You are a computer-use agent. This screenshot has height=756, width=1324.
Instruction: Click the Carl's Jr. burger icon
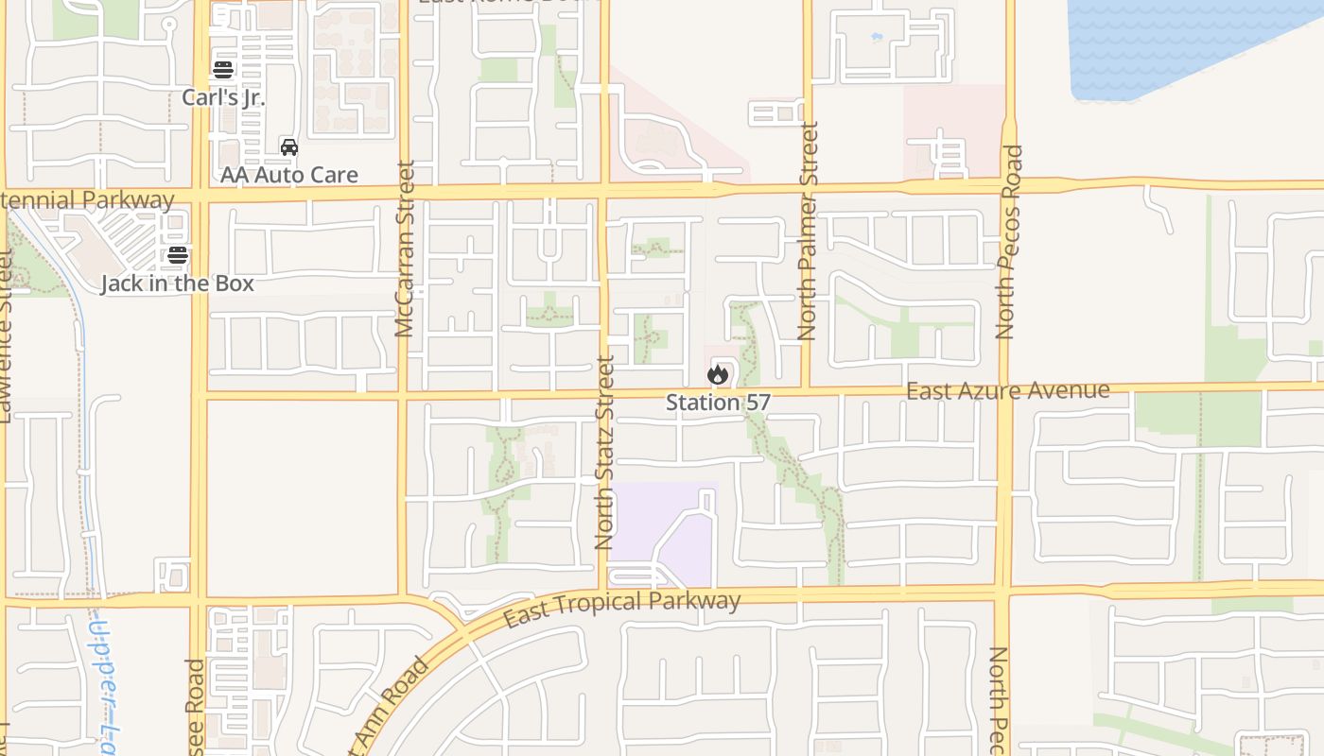223,70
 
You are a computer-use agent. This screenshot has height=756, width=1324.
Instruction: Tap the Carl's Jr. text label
223,97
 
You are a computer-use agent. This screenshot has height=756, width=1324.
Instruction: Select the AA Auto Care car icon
289,147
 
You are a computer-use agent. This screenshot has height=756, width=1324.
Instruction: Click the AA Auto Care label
289,175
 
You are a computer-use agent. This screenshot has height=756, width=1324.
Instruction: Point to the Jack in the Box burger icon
178,255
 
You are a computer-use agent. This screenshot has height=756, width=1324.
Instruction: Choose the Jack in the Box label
178,283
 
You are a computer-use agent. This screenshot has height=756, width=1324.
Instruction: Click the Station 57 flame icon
718,374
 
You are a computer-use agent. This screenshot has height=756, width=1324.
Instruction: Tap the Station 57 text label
718,403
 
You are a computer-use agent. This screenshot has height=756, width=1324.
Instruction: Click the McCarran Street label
405,249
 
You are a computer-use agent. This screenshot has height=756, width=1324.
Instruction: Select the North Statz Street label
605,452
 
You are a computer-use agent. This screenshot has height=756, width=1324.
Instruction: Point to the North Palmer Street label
807,231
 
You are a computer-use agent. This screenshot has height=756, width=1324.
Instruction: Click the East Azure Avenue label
1007,390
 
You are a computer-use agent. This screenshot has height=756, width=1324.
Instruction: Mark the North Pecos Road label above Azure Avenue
1009,242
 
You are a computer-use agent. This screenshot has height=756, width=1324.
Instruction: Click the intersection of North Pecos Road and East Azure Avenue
1004,387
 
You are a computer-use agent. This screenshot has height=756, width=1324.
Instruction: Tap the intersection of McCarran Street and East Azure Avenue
403,394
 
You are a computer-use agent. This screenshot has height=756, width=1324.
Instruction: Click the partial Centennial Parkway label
87,200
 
